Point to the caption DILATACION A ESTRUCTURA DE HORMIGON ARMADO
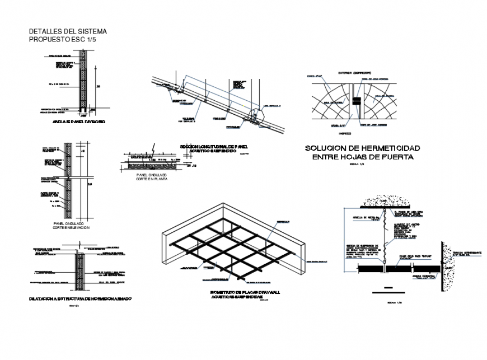click(x=80, y=300)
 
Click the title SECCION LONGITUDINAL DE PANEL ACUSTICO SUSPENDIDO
click(x=213, y=148)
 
